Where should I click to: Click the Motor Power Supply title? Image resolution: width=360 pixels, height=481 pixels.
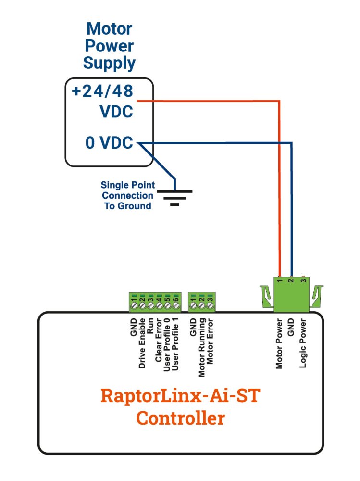click(109, 46)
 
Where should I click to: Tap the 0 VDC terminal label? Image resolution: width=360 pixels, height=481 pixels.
click(109, 143)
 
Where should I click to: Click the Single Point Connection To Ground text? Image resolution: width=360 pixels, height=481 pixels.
click(127, 195)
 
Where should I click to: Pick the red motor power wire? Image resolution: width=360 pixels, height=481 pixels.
click(279, 183)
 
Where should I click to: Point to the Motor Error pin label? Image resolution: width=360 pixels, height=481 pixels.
click(211, 342)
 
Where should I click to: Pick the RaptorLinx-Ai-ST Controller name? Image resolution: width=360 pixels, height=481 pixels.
click(180, 407)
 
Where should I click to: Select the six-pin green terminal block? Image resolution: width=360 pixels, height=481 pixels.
click(154, 302)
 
